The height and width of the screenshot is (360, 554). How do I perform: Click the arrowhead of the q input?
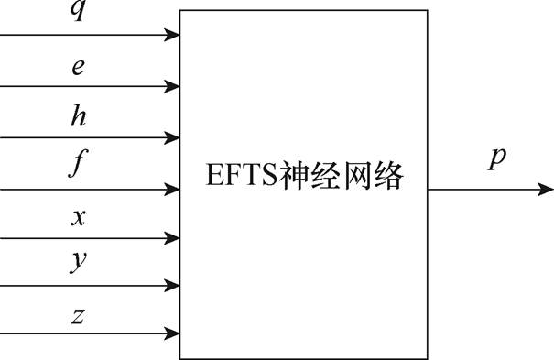173,36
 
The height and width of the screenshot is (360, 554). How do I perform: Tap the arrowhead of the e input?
173,87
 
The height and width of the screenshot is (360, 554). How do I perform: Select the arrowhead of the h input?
173,138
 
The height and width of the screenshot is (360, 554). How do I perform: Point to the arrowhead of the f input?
173,190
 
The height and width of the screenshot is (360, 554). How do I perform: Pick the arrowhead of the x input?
173,238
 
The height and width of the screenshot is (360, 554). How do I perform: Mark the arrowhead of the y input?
173,286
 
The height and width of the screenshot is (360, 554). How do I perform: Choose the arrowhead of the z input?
173,334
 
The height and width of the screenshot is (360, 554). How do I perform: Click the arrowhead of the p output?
546,190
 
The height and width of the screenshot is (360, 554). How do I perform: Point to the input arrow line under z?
82,334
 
